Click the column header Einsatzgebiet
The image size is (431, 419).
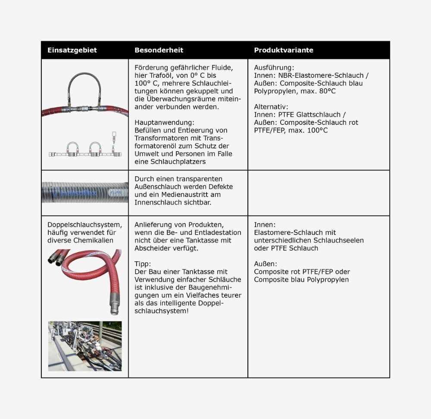pos(72,50)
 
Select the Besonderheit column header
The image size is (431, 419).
pos(159,50)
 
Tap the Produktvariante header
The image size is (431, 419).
pos(284,50)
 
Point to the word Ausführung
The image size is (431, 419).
pos(274,68)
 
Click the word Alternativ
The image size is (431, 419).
pos(271,107)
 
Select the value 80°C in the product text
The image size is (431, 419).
pos(327,91)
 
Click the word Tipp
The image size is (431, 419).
pos(142,263)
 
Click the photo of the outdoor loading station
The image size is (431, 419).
pos(85,346)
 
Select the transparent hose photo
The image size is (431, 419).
pos(85,193)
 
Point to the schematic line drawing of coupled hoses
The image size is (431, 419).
pos(85,147)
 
